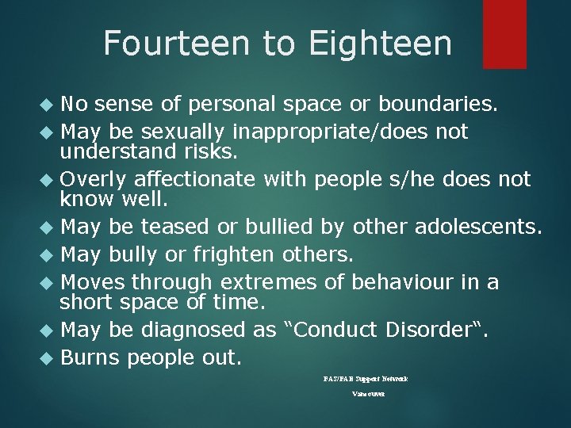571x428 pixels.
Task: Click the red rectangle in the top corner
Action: pos(505,33)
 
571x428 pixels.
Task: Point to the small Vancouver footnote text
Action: pos(368,394)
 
